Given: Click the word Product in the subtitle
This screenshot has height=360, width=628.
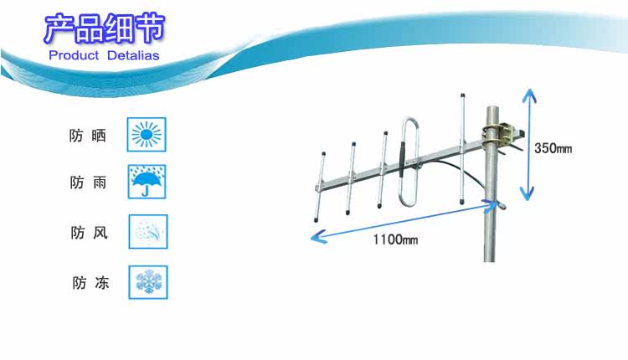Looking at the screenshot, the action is (75, 55).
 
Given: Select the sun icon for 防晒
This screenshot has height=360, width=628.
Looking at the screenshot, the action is (148, 134).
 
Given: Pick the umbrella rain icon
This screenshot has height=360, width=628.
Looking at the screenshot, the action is (148, 182).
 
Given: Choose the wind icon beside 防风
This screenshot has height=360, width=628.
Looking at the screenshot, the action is (148, 232).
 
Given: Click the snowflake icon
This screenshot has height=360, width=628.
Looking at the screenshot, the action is (148, 282).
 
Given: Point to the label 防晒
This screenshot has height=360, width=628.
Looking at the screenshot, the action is (88, 135).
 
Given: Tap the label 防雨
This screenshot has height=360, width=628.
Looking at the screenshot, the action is (88, 183).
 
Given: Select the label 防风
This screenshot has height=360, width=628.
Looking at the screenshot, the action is (89, 233).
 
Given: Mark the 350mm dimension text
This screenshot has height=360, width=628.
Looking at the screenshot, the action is (553, 148).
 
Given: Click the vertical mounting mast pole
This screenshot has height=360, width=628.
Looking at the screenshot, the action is (489, 226).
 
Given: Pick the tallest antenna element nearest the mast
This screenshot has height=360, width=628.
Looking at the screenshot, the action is (461, 134).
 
